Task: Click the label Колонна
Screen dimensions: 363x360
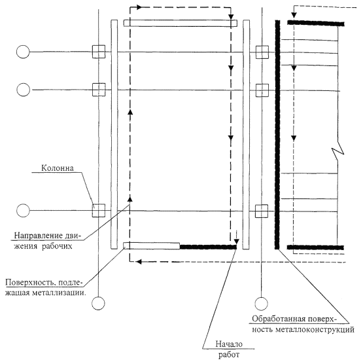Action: point(58,168)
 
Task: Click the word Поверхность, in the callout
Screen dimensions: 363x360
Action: point(30,282)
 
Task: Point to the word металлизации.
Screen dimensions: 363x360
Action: point(59,293)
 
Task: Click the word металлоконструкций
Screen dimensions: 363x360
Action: point(315,329)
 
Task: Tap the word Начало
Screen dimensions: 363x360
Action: point(229,344)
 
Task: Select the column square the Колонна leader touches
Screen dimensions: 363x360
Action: point(99,211)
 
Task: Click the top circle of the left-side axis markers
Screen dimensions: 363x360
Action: point(23,52)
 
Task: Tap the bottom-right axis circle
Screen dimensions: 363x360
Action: point(262,303)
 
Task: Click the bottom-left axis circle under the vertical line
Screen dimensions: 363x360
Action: point(98,303)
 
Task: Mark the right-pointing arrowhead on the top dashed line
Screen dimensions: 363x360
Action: point(139,7)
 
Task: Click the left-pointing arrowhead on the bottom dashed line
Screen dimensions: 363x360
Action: point(139,262)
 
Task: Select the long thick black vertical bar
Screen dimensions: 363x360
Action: point(277,135)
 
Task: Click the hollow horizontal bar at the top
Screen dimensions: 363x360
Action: point(181,23)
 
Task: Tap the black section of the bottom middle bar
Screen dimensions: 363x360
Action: point(208,247)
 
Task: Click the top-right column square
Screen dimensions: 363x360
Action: point(262,52)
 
